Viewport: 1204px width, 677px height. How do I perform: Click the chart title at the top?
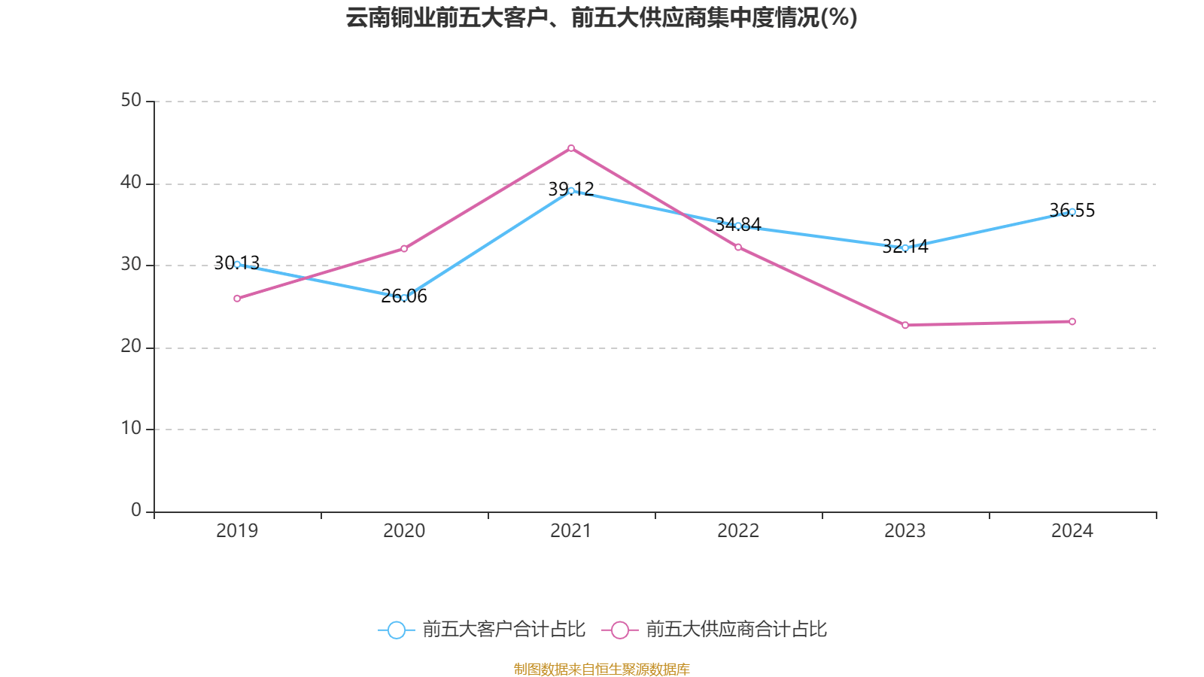[601, 17]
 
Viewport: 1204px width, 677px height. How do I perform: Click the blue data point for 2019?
[237, 264]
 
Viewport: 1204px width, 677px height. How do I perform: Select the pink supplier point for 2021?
[571, 148]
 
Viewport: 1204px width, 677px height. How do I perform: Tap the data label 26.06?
[404, 296]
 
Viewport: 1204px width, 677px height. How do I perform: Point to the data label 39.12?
[571, 189]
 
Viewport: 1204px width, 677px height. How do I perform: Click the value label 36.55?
[1072, 211]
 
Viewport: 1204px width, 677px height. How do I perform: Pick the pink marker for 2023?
[905, 325]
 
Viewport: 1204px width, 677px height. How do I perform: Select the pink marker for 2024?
[1072, 322]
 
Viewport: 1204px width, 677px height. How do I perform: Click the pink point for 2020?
[404, 248]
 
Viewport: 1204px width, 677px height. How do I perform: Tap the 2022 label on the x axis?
[738, 531]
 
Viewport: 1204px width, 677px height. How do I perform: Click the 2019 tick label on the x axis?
[237, 531]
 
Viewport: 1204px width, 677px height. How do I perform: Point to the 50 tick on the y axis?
[131, 101]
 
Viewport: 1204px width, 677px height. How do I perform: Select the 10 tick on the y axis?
[131, 429]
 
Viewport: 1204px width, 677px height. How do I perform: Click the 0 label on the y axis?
[136, 511]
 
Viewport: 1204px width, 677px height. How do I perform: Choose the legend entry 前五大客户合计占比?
[482, 630]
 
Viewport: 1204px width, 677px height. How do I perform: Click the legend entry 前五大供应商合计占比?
[715, 630]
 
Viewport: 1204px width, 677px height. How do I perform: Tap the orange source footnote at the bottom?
[601, 669]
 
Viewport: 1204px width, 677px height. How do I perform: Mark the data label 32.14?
[905, 246]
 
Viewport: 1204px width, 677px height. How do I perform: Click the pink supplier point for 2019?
[237, 299]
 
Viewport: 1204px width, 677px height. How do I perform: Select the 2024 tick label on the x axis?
[1072, 531]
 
